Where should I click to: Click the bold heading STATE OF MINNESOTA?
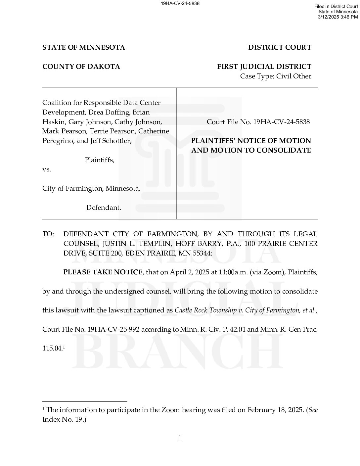click(x=83, y=47)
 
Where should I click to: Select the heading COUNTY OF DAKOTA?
click(x=81, y=67)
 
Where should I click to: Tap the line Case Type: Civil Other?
click(x=276, y=76)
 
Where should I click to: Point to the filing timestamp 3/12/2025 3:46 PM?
click(x=338, y=17)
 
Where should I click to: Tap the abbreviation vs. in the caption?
click(x=47, y=169)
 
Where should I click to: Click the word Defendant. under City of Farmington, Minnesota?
click(x=104, y=208)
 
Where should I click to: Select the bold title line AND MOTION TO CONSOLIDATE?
click(x=251, y=150)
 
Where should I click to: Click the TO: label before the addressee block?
click(x=48, y=234)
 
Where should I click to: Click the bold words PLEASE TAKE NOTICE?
click(x=103, y=272)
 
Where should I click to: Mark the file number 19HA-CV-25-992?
click(x=113, y=330)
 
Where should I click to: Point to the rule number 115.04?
click(x=52, y=349)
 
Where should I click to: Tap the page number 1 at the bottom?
click(x=180, y=438)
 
